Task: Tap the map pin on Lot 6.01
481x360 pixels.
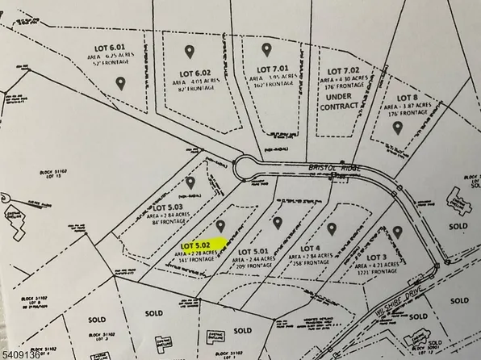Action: click(121, 82)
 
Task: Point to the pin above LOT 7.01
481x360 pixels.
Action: click(263, 49)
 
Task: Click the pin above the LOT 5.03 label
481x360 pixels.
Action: click(191, 182)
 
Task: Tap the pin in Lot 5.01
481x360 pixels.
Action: click(278, 223)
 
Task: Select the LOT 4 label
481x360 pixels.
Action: click(311, 246)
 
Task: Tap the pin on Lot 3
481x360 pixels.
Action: click(397, 232)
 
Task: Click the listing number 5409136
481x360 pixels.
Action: click(25, 352)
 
